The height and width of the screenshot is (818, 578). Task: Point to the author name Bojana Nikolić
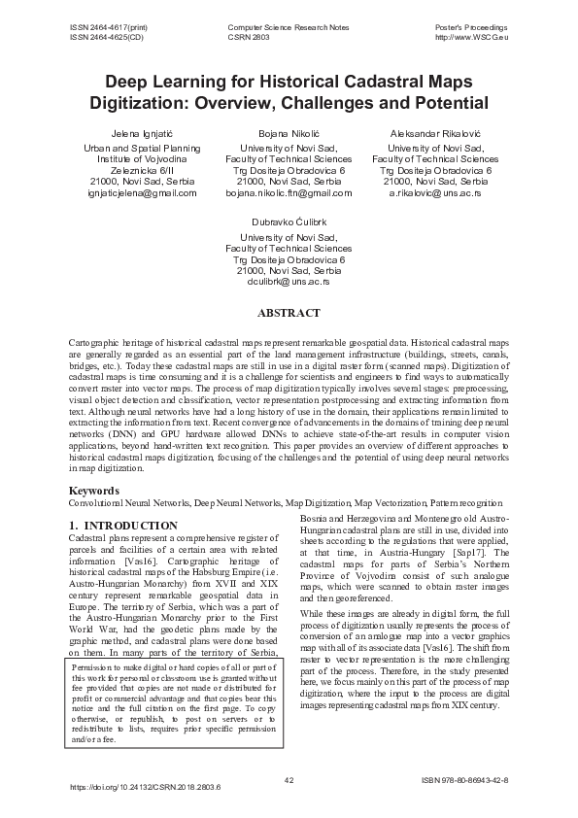(x=289, y=131)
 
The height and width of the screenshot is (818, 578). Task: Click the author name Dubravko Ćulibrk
(x=289, y=222)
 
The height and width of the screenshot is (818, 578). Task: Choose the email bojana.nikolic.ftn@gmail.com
(x=289, y=193)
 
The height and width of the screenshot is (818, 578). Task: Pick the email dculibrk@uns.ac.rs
(x=289, y=283)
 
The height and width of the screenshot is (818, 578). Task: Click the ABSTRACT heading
(x=289, y=314)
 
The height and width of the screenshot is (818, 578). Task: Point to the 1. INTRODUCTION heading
(x=123, y=526)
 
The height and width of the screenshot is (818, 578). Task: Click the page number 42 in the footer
(x=289, y=780)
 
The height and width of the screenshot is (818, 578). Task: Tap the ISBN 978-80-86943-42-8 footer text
(x=465, y=780)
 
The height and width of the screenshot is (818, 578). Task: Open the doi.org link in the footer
(x=147, y=787)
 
